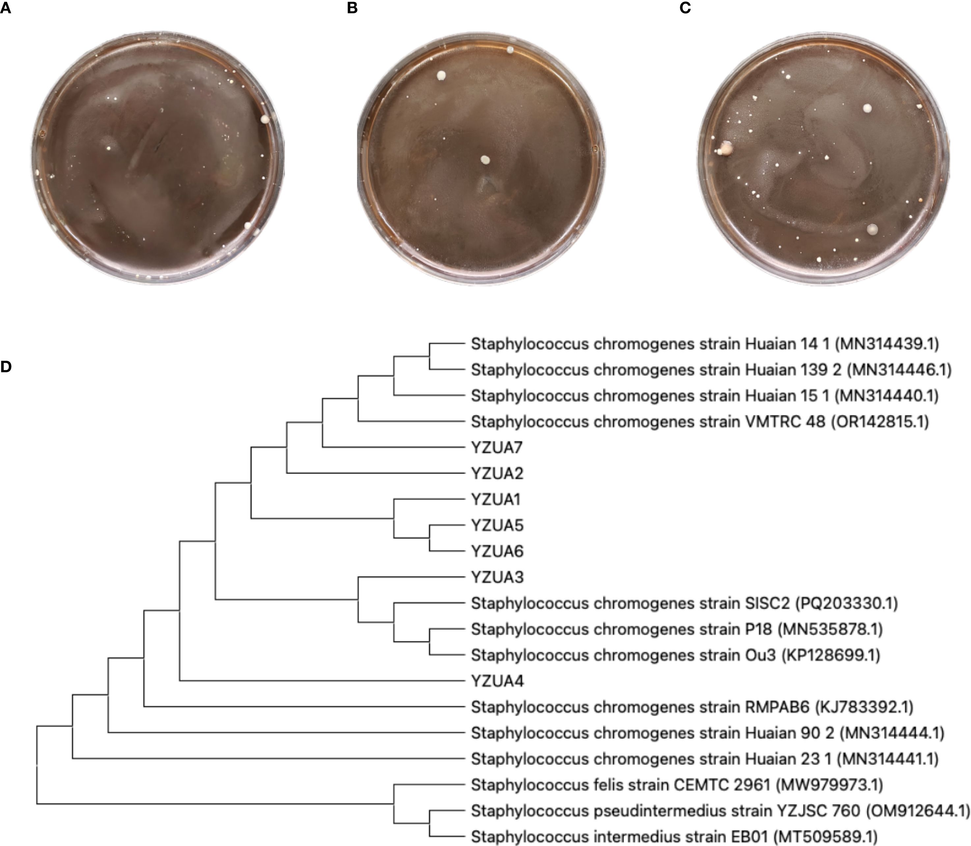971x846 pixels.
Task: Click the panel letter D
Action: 6,367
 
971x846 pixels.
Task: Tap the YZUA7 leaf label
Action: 497,447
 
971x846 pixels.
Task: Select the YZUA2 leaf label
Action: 497,473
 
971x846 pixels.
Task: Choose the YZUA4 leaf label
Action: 497,681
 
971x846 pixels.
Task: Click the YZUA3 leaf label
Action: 497,577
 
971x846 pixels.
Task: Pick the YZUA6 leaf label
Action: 497,551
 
